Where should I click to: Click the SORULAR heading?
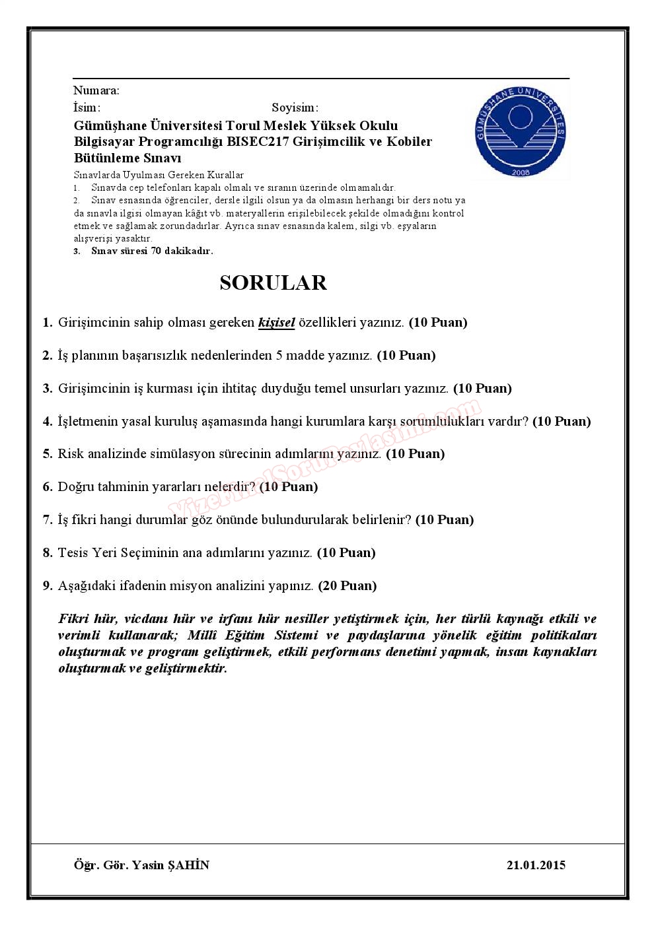click(273, 282)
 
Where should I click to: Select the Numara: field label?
click(96, 90)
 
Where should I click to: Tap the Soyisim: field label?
click(295, 108)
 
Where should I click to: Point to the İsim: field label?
click(87, 108)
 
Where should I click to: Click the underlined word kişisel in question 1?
click(276, 323)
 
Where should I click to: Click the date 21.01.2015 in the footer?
click(536, 865)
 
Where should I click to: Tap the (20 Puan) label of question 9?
click(347, 585)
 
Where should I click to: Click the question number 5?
click(48, 454)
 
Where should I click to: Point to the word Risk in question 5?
click(70, 454)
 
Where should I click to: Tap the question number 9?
click(48, 585)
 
